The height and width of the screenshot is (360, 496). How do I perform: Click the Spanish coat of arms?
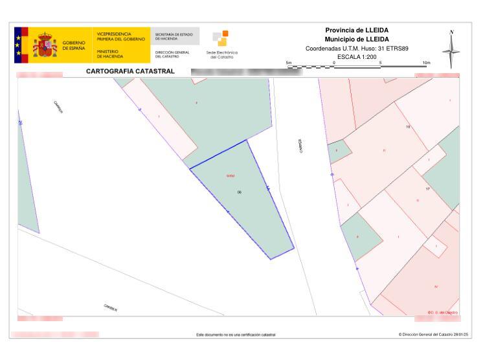(45, 45)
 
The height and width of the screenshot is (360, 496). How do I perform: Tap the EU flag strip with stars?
(17, 45)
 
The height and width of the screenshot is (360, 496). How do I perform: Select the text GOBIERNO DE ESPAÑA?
(74, 47)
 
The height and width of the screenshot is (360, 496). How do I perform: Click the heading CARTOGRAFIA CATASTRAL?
(130, 71)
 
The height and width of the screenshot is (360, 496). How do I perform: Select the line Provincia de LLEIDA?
(356, 30)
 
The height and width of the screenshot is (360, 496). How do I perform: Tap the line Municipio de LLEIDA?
(356, 39)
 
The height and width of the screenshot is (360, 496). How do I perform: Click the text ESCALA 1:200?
(356, 57)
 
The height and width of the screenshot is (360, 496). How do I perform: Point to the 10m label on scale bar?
(425, 62)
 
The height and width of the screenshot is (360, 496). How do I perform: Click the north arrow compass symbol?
(451, 49)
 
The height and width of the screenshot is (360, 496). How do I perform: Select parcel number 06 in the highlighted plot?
(240, 192)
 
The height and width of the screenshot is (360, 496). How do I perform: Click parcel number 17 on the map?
(428, 188)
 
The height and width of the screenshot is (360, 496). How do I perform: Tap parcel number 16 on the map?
(408, 127)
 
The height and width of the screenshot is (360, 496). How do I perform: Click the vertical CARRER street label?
(301, 146)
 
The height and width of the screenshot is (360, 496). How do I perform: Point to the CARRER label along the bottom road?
(111, 307)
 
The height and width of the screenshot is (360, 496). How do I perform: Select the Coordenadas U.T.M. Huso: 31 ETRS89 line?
(356, 49)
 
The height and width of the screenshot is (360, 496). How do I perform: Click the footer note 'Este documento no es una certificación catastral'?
(236, 335)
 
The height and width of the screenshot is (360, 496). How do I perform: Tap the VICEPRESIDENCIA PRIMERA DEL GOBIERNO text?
(121, 36)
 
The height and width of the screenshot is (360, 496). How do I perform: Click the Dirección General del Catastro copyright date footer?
(433, 335)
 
